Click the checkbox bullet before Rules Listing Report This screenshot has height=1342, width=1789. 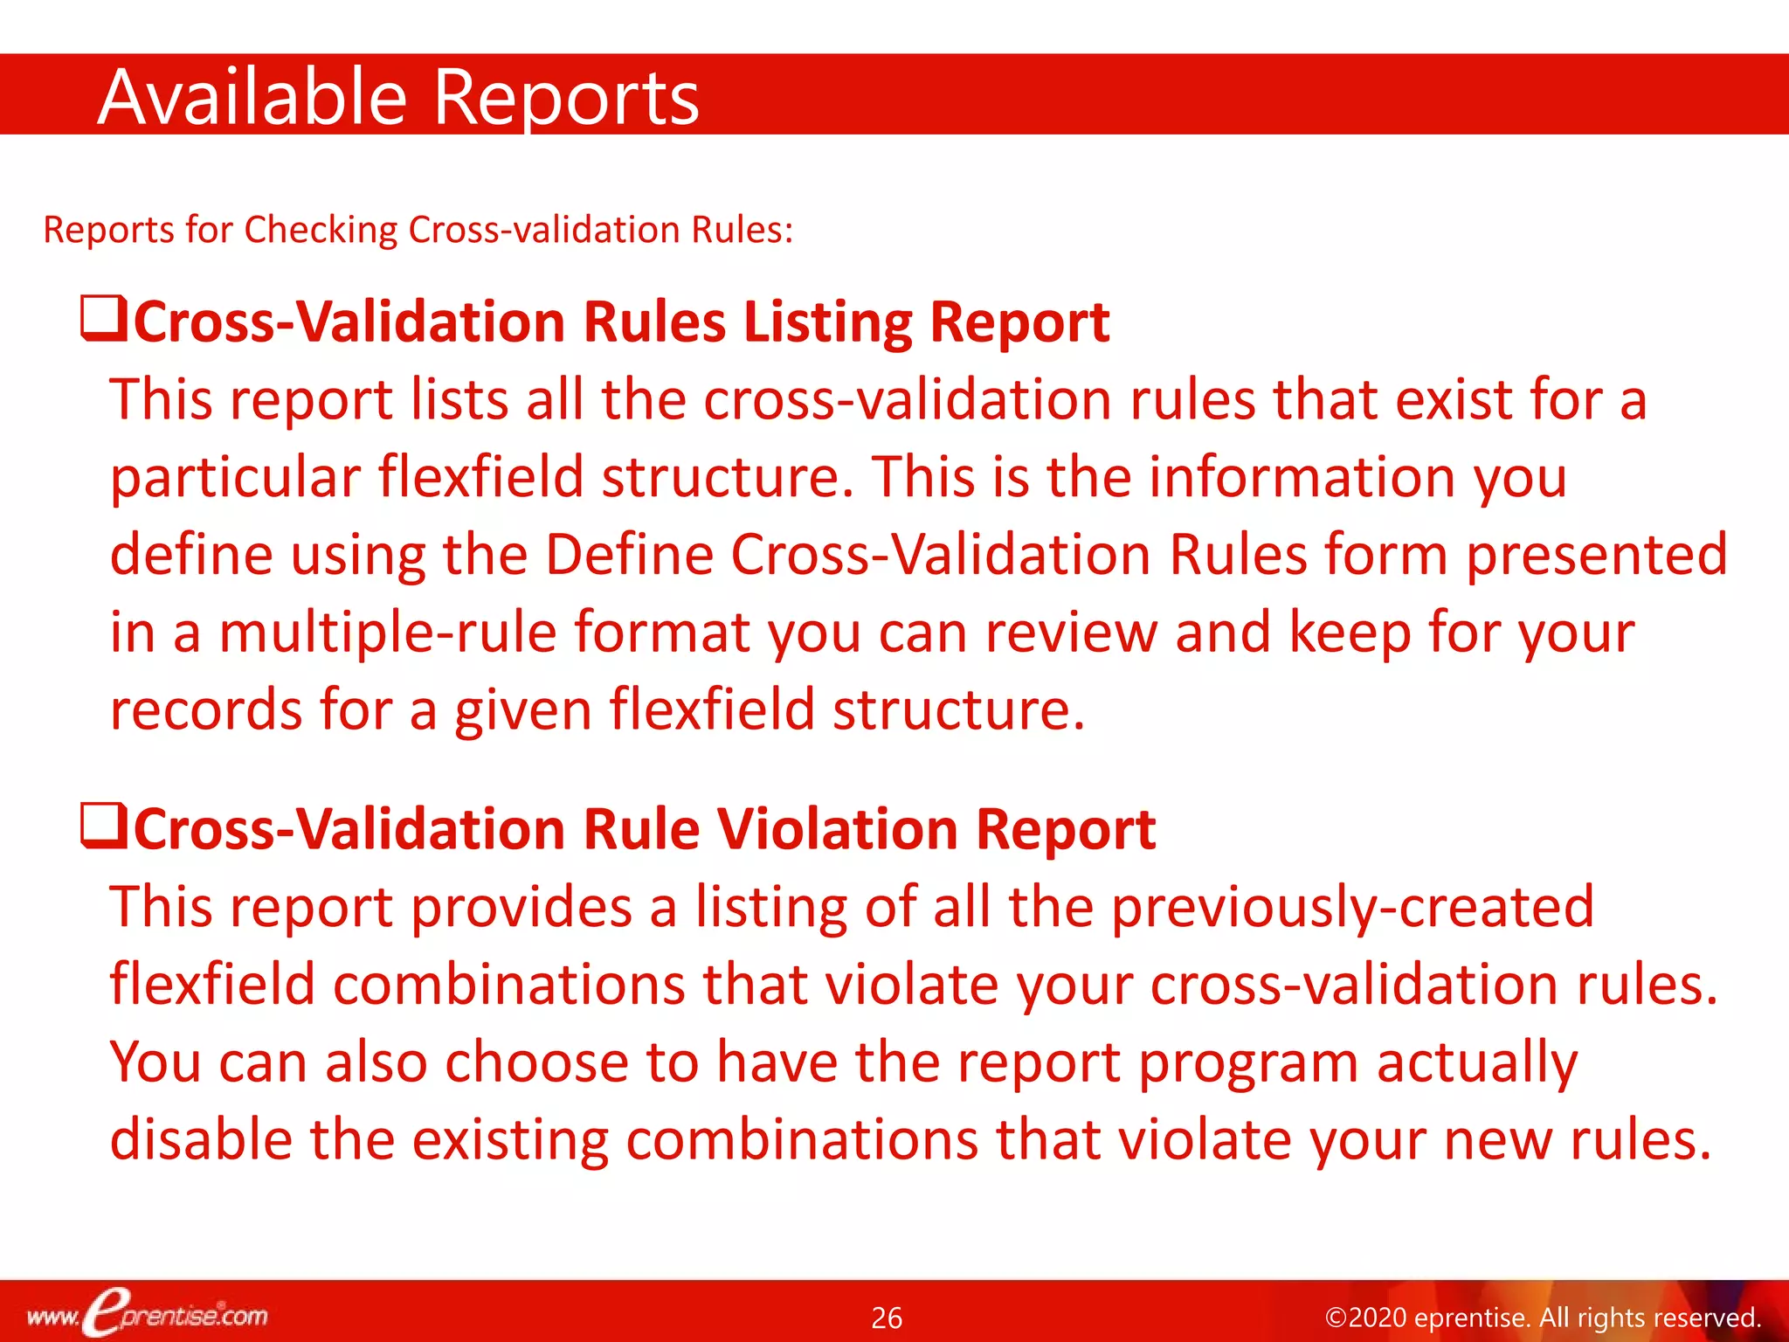pyautogui.click(x=103, y=319)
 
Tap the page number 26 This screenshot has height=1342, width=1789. pyautogui.click(x=887, y=1318)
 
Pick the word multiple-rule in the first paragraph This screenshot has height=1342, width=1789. pyautogui.click(x=388, y=633)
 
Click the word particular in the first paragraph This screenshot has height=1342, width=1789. pyautogui.click(x=235, y=479)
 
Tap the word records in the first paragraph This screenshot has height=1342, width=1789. pyautogui.click(x=206, y=709)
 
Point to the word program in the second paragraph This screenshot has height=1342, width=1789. pyautogui.click(x=1248, y=1064)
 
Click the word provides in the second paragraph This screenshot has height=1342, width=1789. pyautogui.click(x=522, y=908)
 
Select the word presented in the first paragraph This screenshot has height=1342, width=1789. pyautogui.click(x=1596, y=555)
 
